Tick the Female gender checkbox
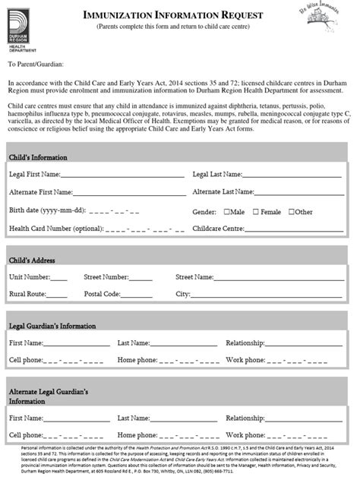pos(256,212)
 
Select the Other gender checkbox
pos(292,212)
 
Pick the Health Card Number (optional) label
pos(55,228)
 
